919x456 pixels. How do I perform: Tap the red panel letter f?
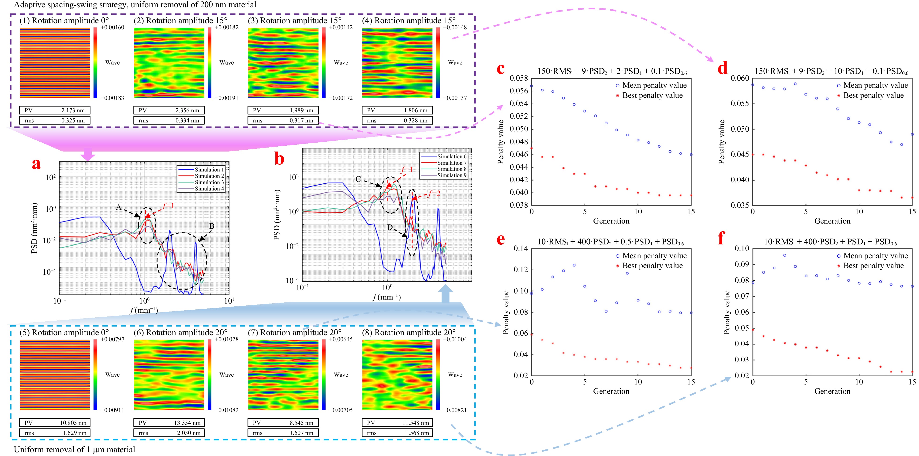tap(721, 238)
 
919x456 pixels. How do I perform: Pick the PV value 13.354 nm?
tap(187, 423)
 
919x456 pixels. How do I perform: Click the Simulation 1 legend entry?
tap(209, 170)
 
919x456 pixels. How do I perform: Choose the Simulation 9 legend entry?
tap(452, 175)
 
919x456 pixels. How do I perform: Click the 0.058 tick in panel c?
tap(519, 78)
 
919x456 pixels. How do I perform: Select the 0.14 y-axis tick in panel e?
tap(521, 249)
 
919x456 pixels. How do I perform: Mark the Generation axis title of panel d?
tap(832, 221)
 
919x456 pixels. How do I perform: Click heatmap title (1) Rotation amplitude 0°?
tap(64, 21)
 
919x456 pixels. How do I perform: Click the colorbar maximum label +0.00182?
tap(227, 27)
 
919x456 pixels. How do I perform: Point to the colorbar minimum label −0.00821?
tap(455, 410)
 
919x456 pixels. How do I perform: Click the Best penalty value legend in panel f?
tap(873, 266)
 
